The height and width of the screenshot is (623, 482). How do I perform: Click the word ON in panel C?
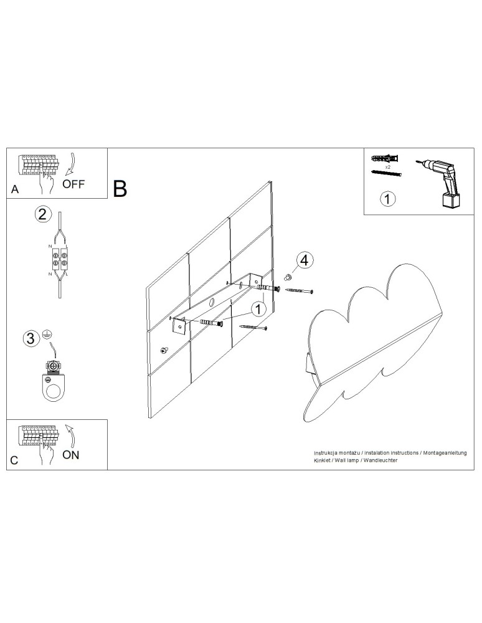71,455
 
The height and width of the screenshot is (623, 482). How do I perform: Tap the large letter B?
120,188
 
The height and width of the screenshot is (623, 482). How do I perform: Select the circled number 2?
42,215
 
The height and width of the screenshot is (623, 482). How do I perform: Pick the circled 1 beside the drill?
387,199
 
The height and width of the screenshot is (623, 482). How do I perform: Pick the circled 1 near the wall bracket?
259,308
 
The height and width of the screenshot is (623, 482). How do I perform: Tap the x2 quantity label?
387,168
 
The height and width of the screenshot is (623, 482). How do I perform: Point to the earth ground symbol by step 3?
46,335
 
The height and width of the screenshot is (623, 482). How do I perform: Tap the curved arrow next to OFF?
71,163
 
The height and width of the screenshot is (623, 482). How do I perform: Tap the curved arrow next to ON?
71,435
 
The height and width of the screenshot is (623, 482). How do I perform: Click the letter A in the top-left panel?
15,191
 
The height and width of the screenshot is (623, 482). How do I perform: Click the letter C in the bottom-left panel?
15,461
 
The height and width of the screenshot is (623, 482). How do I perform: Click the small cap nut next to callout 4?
288,276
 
